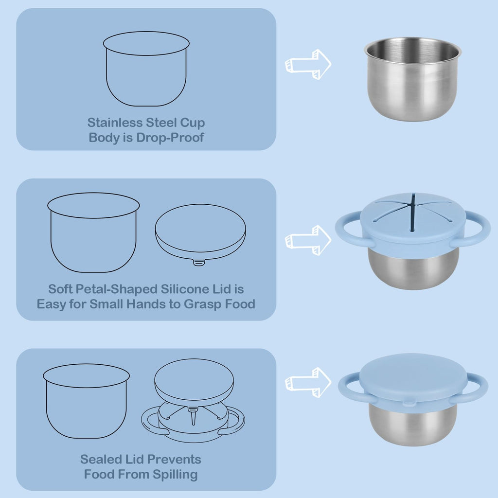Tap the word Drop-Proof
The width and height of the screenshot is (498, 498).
pos(170,138)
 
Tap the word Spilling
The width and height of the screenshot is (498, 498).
pos(175,475)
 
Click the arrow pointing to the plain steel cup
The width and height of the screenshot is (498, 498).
pos(308,65)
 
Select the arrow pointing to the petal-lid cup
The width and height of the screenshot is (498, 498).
pos(308,240)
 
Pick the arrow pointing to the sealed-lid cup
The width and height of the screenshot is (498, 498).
pos(308,382)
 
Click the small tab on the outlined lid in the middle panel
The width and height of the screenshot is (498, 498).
pos(199,262)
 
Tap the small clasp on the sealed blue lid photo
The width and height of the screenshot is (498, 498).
pos(409,403)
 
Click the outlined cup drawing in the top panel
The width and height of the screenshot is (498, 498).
pos(146,69)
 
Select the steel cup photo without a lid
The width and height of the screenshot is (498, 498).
pos(412,79)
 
